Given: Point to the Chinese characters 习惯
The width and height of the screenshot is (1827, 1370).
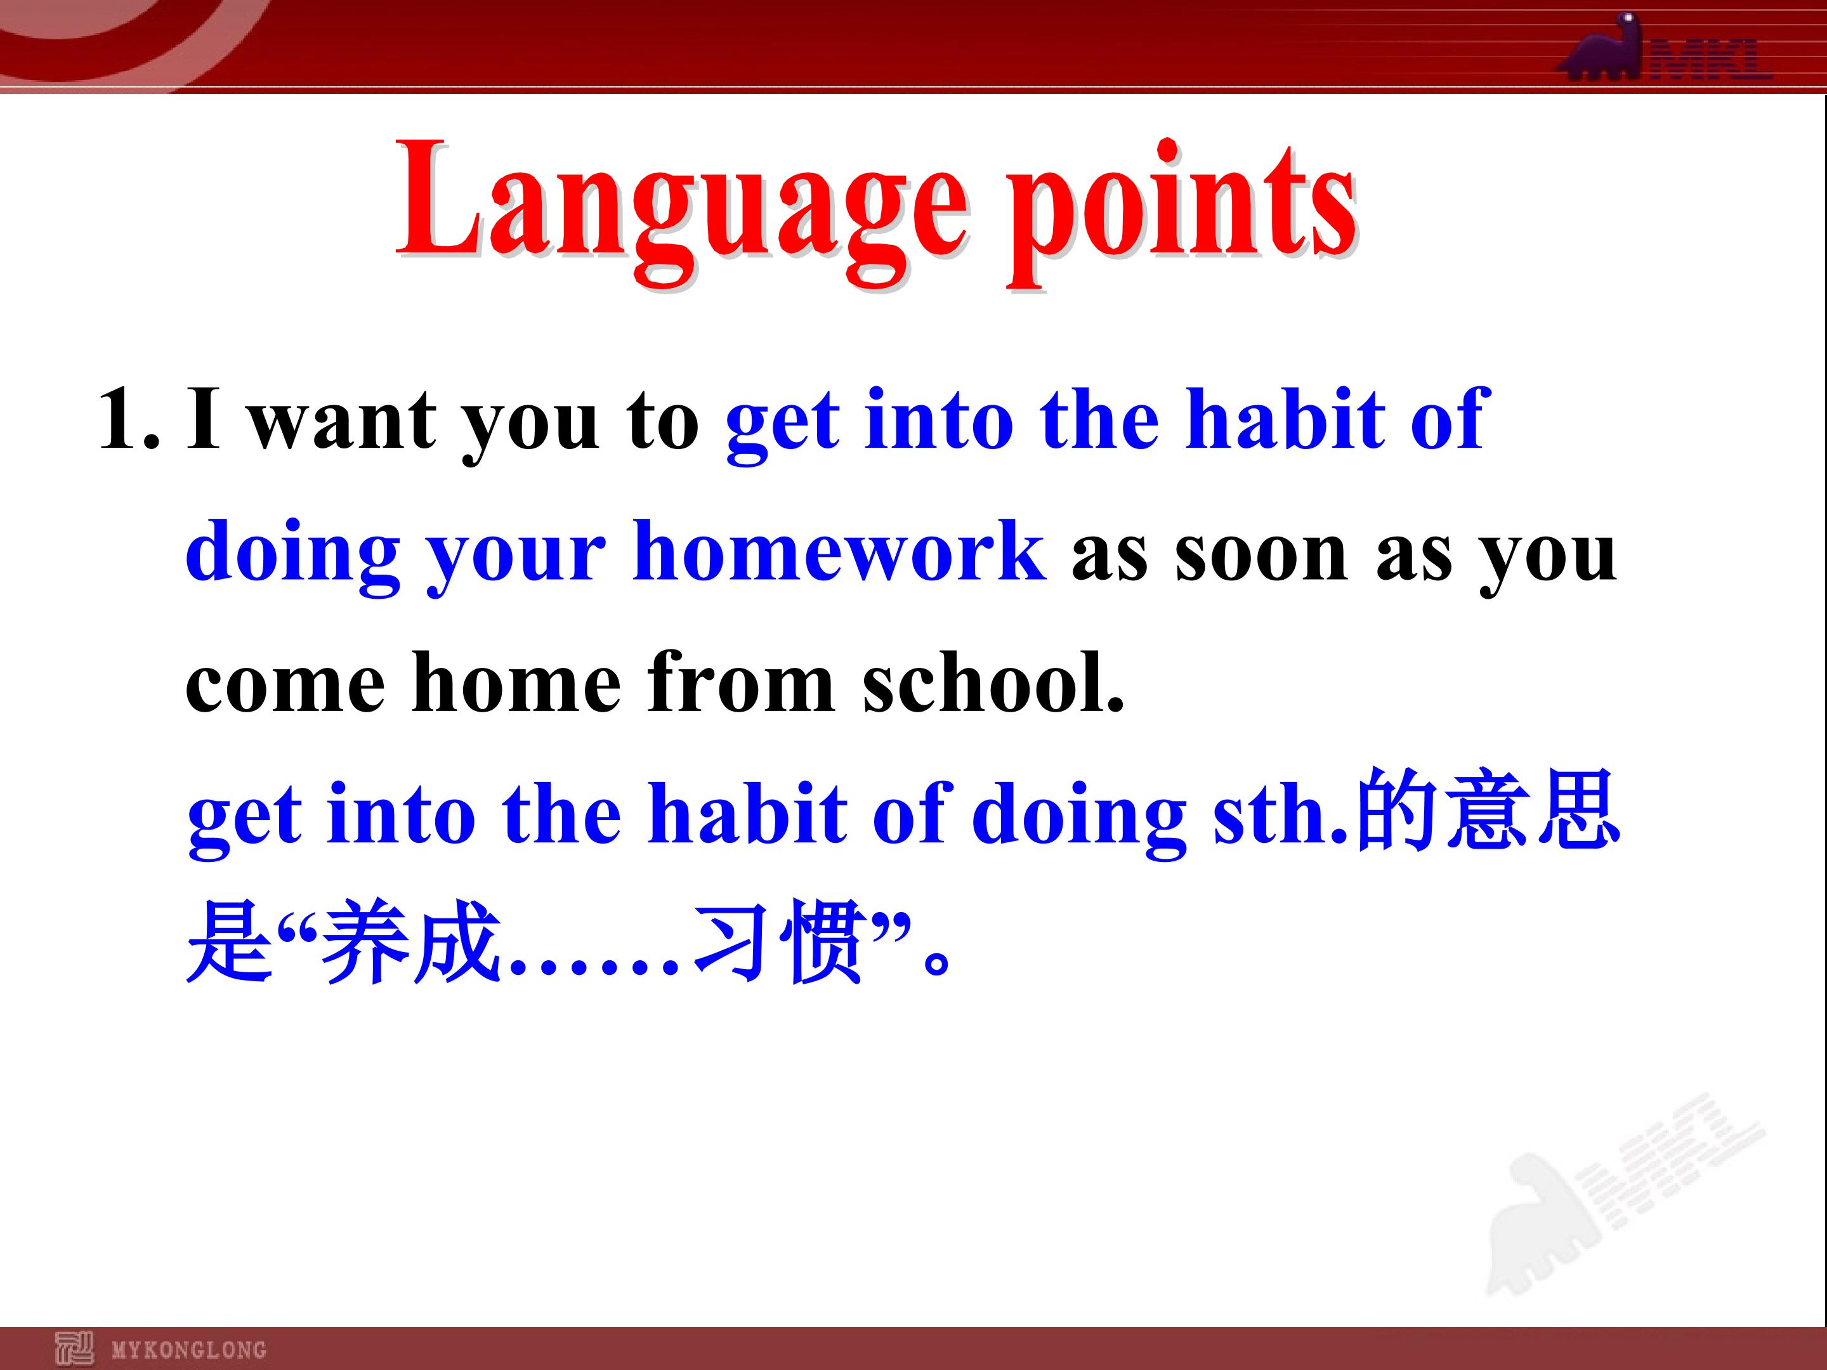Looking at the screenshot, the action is (x=780, y=941).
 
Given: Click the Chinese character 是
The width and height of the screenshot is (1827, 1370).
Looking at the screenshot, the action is (x=230, y=941).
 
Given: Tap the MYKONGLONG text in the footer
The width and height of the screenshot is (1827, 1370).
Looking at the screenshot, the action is (x=189, y=1350).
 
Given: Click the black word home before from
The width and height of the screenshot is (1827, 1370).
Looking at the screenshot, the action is (x=516, y=682).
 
